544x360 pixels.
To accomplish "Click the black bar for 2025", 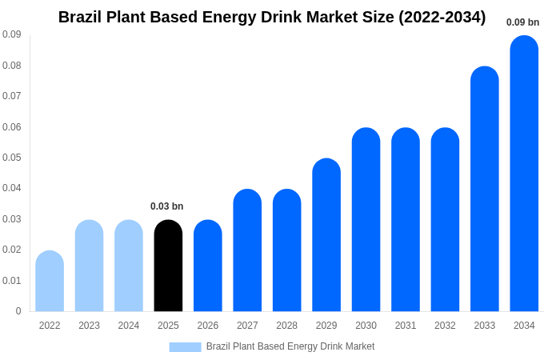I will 168,266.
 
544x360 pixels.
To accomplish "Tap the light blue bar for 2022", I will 50,281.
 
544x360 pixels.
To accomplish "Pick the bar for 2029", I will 326,235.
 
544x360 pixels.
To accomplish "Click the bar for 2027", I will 247,250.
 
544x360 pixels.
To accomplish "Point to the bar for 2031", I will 406,220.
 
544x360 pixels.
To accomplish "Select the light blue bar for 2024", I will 129,266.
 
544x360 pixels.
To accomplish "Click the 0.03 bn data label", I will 166,206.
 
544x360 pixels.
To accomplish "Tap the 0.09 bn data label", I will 522,22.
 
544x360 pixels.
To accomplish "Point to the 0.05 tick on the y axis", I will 11,158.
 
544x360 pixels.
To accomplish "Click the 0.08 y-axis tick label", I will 11,66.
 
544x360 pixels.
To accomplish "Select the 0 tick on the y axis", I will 18,311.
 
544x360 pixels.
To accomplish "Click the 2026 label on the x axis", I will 208,326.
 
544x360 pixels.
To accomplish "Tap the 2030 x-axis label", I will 366,326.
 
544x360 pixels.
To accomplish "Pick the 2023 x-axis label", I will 89,326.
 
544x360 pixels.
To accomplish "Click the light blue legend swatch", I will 185,346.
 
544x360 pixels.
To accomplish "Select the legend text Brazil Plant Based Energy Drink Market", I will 290,346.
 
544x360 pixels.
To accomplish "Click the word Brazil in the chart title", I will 80,17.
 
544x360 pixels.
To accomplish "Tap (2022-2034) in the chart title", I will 442,17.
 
